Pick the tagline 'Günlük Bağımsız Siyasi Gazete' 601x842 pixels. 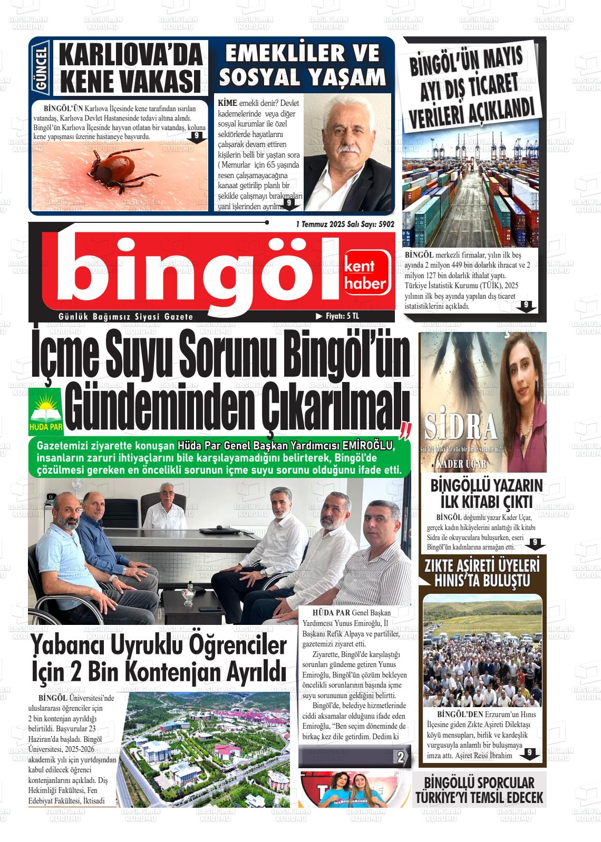point(127,317)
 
